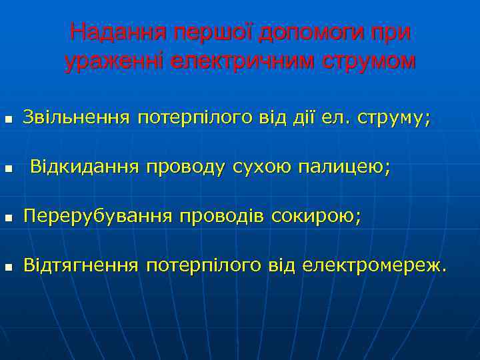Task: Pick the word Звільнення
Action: pos(76,118)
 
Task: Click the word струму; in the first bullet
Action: pos(394,119)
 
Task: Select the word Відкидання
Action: pos(85,167)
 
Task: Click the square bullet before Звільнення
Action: pos(7,121)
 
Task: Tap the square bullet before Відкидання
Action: pos(7,170)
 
